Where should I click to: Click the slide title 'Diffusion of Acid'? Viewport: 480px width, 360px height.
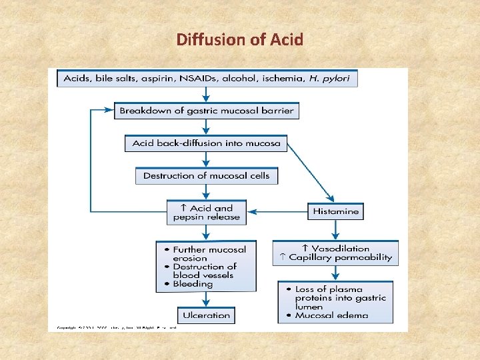240,39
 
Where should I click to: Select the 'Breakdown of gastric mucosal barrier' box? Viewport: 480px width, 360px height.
206,111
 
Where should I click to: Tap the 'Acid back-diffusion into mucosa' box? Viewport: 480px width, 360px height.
206,143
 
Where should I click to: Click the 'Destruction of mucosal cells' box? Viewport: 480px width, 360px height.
206,176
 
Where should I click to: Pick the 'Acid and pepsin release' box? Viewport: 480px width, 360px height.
206,212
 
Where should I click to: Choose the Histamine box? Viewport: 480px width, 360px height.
335,211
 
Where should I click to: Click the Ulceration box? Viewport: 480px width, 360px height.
206,315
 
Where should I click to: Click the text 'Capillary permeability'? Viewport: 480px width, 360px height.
340,257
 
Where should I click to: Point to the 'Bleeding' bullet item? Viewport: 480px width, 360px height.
193,284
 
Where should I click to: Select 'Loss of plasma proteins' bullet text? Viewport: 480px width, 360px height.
340,294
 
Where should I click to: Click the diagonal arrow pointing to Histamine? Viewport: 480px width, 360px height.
310,172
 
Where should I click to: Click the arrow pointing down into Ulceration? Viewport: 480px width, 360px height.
206,299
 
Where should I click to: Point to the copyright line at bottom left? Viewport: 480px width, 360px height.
116,328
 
